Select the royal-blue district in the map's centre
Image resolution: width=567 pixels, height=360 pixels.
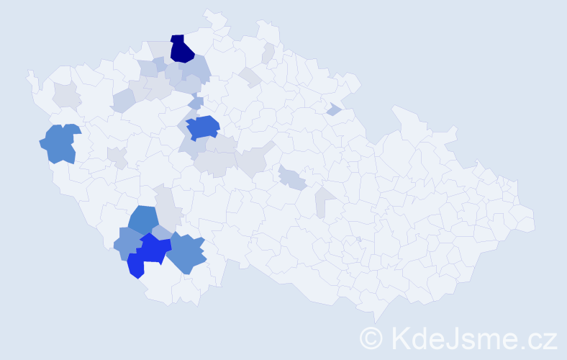point(203,127)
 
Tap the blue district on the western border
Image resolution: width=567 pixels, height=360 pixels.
point(60,143)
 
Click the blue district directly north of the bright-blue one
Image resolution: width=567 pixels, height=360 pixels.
point(144,220)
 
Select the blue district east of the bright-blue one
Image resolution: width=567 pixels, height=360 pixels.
point(187,253)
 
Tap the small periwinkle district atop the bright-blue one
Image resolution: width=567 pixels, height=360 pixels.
point(162,232)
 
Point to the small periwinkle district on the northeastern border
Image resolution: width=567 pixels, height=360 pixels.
point(333,109)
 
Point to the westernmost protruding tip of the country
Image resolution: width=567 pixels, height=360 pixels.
point(30,75)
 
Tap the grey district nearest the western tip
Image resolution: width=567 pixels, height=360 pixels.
point(65,94)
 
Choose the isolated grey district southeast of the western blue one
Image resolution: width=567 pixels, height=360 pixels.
point(117,156)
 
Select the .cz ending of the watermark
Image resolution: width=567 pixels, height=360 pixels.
point(539,338)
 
